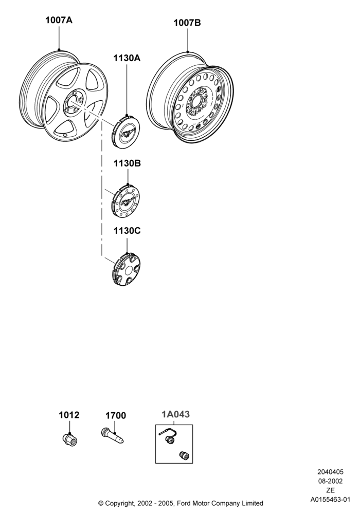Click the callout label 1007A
point(59,21)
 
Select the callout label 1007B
point(187,23)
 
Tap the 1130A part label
point(127,58)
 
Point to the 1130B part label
point(127,163)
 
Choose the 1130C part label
point(127,231)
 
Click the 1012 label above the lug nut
point(69,415)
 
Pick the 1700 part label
point(115,416)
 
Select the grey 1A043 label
point(175,414)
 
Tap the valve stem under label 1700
point(112,436)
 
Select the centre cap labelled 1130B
point(125,201)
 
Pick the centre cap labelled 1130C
point(126,269)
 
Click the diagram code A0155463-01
point(330,500)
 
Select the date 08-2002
point(330,481)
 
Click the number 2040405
point(330,472)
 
